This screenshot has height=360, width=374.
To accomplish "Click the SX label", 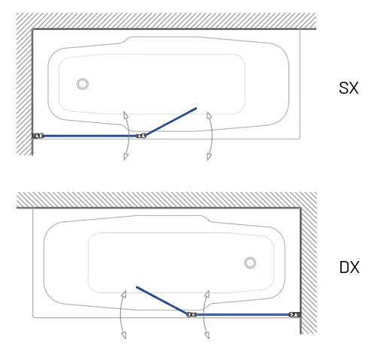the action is coord(348,88).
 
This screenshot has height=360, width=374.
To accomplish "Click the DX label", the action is coord(349,267).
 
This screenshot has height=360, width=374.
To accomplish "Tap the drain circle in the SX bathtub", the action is coord(83,84).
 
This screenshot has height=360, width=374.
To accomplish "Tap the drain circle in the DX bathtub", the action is coord(250,262).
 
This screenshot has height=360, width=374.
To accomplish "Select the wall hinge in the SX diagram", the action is coord(38,136).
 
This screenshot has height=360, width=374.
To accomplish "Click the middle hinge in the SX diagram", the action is coord(141,136).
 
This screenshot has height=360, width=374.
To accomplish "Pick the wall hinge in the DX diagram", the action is coord(294,314).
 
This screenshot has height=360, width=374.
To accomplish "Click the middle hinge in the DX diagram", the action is coord(192,314).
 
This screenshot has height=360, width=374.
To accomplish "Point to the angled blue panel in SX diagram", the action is coord(171,121).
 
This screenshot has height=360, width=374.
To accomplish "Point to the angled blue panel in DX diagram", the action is coord(161,300).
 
